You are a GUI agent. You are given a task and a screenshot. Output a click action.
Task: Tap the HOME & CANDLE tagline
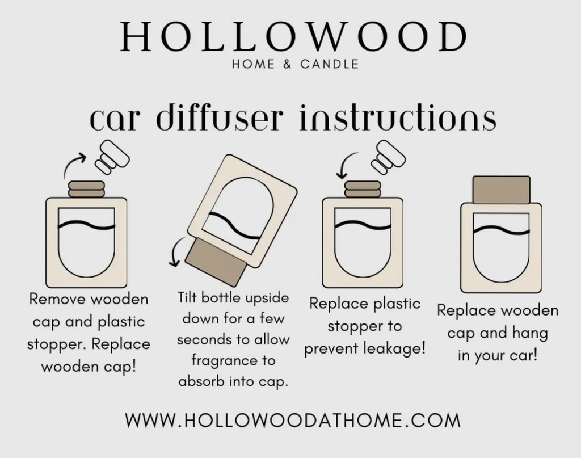[295, 64]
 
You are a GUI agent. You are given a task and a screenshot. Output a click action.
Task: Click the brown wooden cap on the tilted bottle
[216, 262]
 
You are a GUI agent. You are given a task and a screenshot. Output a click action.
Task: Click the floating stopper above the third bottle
[389, 157]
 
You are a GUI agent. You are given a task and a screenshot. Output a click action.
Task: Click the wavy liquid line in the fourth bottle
[501, 229]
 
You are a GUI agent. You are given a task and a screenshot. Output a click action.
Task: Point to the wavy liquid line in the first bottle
[87, 225]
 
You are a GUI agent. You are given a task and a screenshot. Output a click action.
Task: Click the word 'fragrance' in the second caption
[233, 360]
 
